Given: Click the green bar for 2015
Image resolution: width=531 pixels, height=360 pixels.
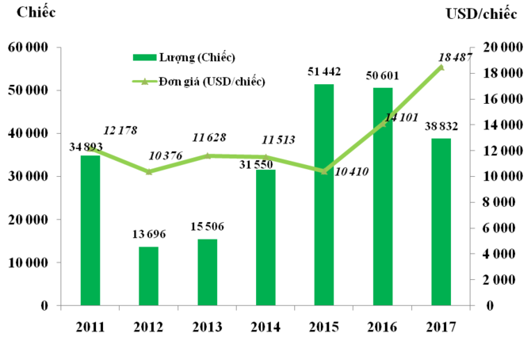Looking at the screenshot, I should pos(324,195).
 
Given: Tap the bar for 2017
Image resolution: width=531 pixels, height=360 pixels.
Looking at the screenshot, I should pos(441,222).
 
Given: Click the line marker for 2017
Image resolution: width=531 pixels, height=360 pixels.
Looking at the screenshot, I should pos(441,67).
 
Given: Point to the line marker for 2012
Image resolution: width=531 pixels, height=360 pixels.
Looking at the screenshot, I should pos(148,171).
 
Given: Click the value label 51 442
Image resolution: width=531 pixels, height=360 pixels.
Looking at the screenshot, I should pos(324,73).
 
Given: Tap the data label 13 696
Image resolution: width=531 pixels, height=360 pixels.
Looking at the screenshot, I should pos(148,236).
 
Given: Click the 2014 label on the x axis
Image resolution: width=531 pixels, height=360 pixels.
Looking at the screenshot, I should pos(265,327).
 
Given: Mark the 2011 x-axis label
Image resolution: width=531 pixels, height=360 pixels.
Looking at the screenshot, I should pos(90,327).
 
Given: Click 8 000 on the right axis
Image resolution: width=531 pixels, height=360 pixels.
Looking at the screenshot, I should pos(503,202).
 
